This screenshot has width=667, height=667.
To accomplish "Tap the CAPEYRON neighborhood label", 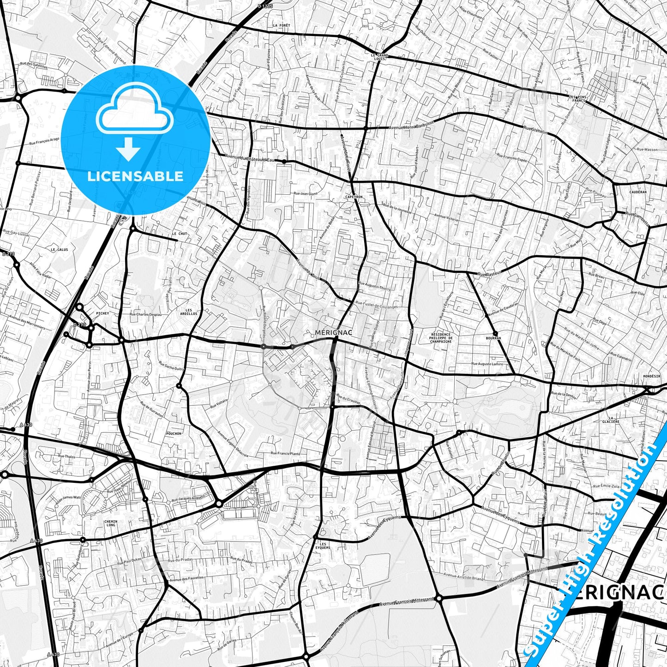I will click(354, 197).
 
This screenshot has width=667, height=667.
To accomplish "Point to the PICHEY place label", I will click(102, 313).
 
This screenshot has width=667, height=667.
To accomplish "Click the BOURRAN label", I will click(493, 338).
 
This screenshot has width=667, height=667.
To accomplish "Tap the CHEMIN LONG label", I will click(111, 523).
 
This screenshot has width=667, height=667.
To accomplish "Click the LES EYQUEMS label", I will click(323, 546).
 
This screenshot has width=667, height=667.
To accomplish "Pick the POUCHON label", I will click(173, 434).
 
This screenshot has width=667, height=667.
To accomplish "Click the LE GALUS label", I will click(60, 249).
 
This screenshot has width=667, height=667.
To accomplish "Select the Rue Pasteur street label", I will click(489, 274).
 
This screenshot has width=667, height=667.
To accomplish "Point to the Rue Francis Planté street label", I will click(285, 454).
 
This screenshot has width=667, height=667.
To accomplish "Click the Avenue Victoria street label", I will click(446, 216).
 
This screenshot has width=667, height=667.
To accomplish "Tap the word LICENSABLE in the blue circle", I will click(135, 176).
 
